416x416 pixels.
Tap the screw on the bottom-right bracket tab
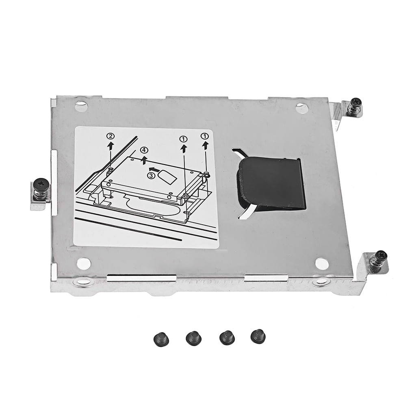point(381,258)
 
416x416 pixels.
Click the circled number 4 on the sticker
point(144,151)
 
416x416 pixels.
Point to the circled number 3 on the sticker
point(151,175)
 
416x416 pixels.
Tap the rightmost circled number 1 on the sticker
point(206,135)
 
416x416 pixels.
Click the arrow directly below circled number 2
point(110,146)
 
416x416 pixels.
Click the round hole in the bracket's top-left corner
point(81,107)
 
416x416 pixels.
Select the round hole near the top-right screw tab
point(301,108)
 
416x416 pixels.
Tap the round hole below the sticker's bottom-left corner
point(84,263)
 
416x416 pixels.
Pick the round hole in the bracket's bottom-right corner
point(321,264)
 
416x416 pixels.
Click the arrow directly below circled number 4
point(145,159)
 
